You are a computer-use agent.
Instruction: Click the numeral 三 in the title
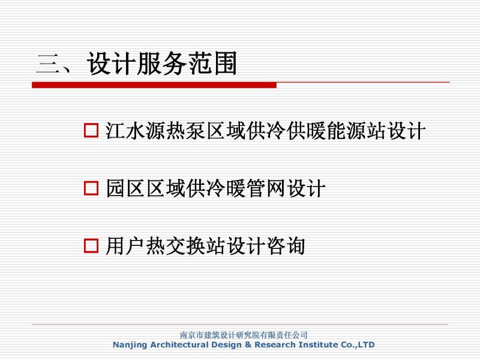[x=49, y=64]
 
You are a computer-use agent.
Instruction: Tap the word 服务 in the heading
[x=161, y=64]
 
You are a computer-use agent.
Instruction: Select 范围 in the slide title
[x=212, y=64]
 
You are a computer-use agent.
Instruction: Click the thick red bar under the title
[x=154, y=85]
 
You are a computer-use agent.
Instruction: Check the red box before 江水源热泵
[x=91, y=130]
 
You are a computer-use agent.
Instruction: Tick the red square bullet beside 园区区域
[x=91, y=188]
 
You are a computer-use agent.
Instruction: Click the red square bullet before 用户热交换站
[x=91, y=246]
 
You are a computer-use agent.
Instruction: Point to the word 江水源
[x=135, y=131]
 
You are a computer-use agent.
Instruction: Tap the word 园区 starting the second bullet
[x=125, y=188]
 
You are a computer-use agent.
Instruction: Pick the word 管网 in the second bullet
[x=266, y=188]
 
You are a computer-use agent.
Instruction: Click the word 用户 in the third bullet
[x=125, y=246]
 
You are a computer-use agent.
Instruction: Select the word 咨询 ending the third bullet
[x=286, y=246]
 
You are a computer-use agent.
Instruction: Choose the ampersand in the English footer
[x=248, y=344]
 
